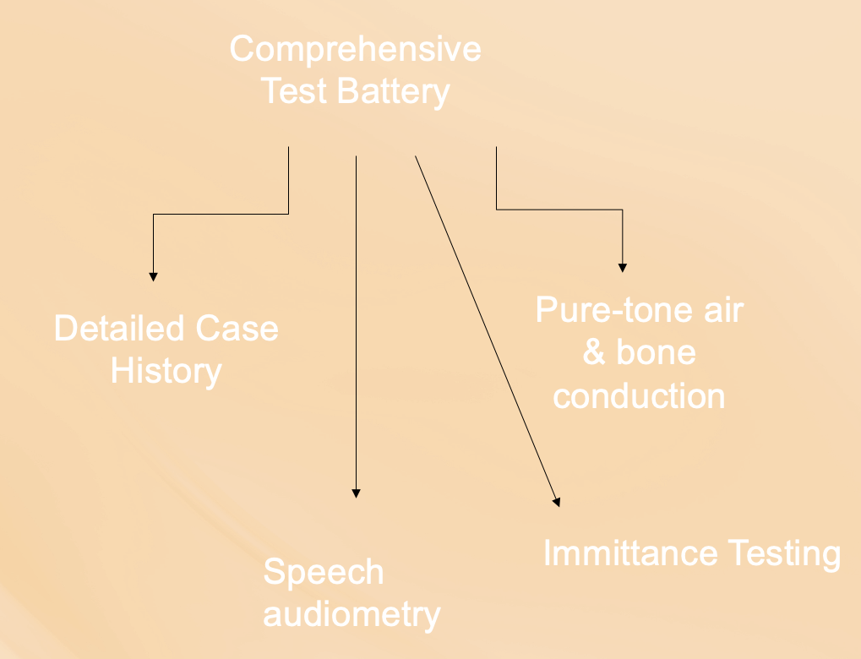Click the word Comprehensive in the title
pyautogui.click(x=355, y=50)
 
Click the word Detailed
pyautogui.click(x=118, y=329)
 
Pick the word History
pyautogui.click(x=166, y=371)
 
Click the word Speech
pyautogui.click(x=324, y=573)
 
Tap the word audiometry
pyautogui.click(x=351, y=615)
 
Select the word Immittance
pyautogui.click(x=629, y=554)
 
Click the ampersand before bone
pyautogui.click(x=594, y=353)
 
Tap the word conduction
pyautogui.click(x=639, y=395)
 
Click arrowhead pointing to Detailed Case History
pyautogui.click(x=153, y=275)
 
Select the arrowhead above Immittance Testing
pyautogui.click(x=557, y=502)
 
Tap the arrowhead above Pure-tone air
pyautogui.click(x=623, y=267)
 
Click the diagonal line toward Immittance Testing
pyautogui.click(x=486, y=329)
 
